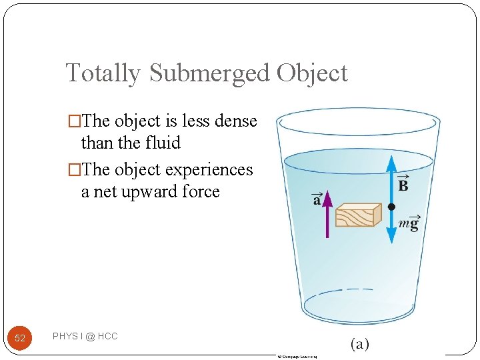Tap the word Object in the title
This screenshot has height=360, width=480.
(x=312, y=73)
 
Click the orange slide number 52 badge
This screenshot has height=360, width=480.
(x=20, y=338)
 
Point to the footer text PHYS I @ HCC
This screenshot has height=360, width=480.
(x=85, y=337)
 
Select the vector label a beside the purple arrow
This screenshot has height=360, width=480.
(x=317, y=199)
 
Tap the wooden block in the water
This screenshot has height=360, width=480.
(x=358, y=215)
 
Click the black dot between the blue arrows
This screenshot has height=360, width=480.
(x=391, y=207)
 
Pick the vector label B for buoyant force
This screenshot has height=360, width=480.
(x=403, y=184)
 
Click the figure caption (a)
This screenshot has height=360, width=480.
(x=359, y=344)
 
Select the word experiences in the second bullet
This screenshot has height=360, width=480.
(x=209, y=170)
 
